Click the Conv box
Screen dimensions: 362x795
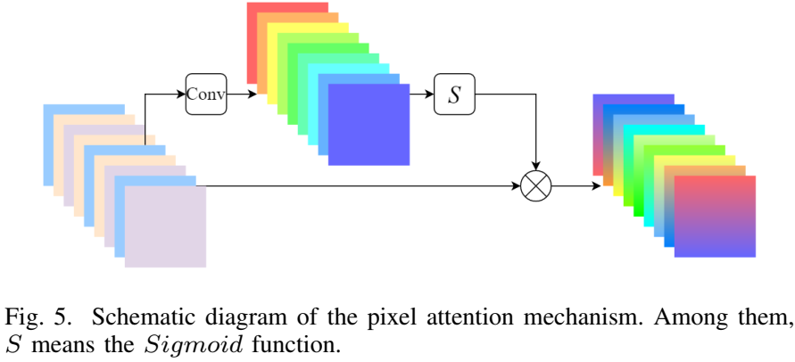[x=206, y=93]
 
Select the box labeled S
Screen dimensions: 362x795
[x=454, y=94]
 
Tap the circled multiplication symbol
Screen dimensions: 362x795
[x=536, y=186]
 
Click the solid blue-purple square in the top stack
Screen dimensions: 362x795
[x=369, y=125]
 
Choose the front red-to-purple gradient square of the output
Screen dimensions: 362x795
[x=715, y=217]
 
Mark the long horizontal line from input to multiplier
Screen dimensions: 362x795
[x=357, y=186]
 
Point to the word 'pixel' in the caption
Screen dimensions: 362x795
[x=363, y=317]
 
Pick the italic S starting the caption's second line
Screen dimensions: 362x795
[x=12, y=344]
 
